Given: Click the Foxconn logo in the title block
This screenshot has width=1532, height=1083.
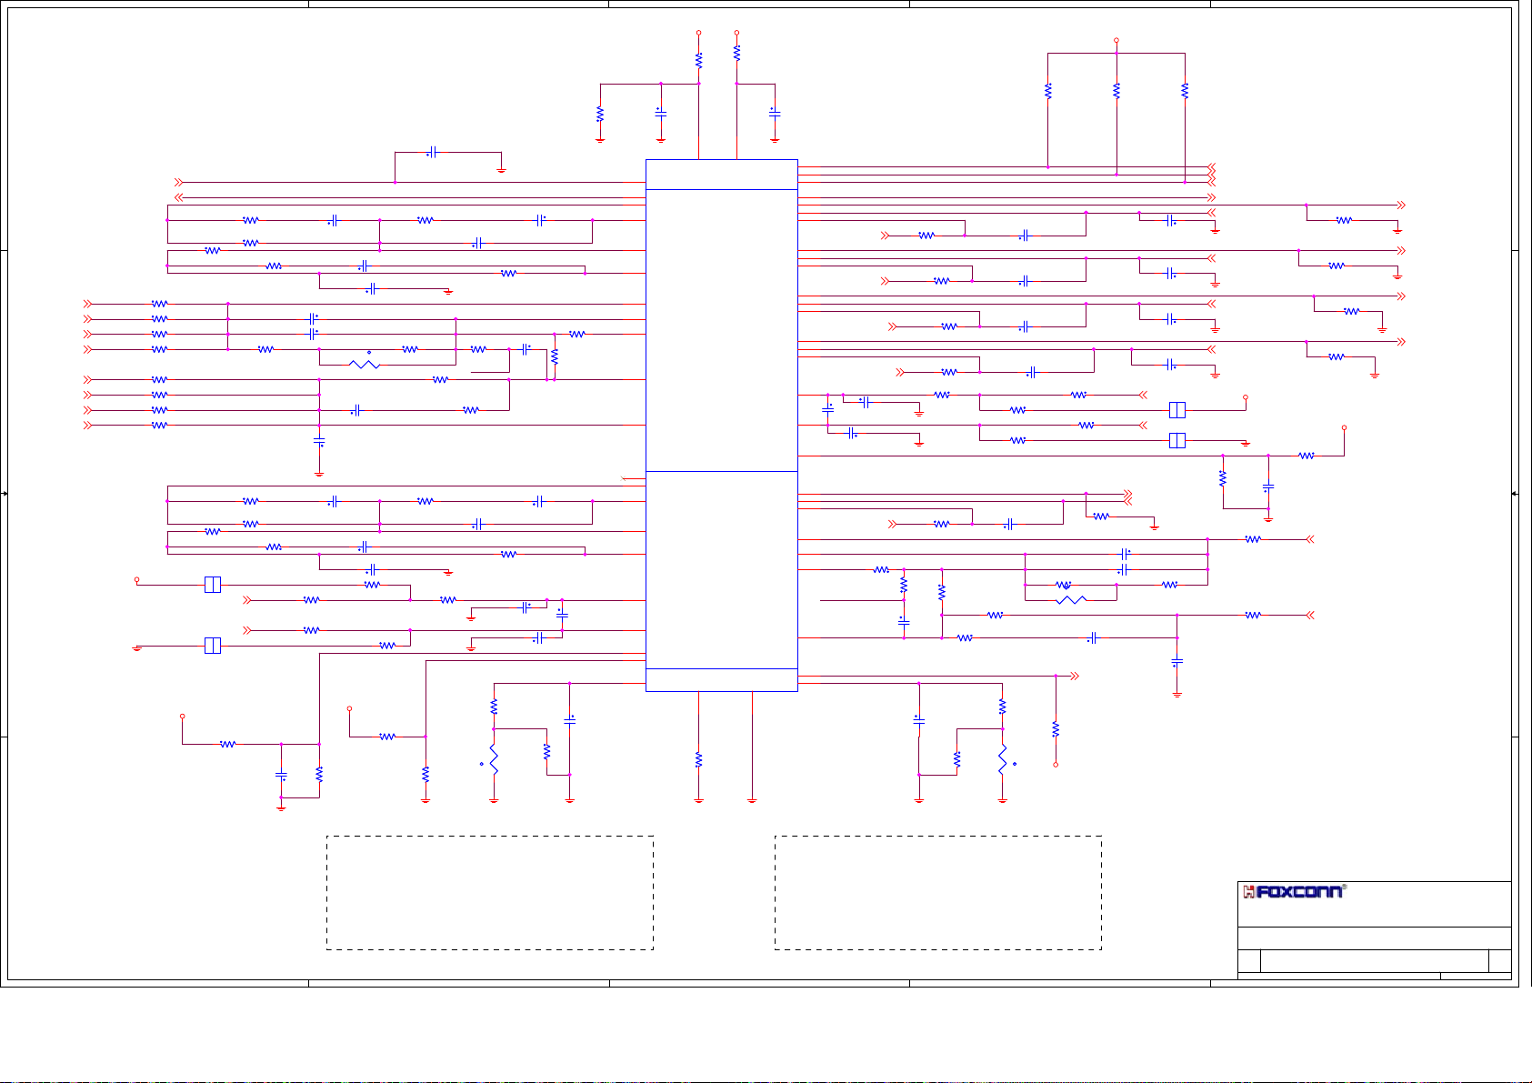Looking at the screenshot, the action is coord(1293,891).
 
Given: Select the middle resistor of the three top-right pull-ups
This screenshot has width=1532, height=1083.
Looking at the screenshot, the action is coord(1116,91).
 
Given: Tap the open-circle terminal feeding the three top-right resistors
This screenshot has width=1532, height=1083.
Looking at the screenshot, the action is coord(1116,41).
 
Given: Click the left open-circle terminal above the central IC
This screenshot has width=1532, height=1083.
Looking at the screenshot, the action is coord(698,33).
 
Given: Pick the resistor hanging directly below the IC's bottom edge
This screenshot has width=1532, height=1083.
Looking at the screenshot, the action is coord(698,759).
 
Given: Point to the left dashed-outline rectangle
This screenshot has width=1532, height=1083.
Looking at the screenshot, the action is coord(490,893).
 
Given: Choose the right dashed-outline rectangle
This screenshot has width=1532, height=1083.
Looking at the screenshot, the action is coord(937,893).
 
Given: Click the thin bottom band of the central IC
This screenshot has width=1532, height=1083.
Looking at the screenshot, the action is coord(721,680).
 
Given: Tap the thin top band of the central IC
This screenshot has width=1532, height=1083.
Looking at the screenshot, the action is coord(721,175).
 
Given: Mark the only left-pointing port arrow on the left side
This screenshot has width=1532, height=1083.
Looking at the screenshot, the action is coord(179,197).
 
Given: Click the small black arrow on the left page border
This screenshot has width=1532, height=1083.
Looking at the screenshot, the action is coord(5,493).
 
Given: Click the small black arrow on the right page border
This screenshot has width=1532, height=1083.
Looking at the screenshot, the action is coord(1514,493).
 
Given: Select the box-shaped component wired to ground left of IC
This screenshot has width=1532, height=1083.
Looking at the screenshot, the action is coord(212,646).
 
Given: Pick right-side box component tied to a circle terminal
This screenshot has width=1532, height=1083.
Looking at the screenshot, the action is coord(1177,410).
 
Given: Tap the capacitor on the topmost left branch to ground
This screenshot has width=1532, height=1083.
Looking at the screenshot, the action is coord(433,153).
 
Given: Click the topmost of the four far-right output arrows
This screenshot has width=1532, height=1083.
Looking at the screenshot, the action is coord(1401,206).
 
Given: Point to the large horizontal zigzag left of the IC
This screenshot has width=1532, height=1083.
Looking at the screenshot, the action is coord(364,364).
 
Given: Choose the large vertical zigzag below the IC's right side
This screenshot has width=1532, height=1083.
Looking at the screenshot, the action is coord(1002,760).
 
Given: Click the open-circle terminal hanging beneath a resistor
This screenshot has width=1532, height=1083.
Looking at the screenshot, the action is coord(1056,765).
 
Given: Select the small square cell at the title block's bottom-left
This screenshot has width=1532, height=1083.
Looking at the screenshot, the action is coord(1249,961).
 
